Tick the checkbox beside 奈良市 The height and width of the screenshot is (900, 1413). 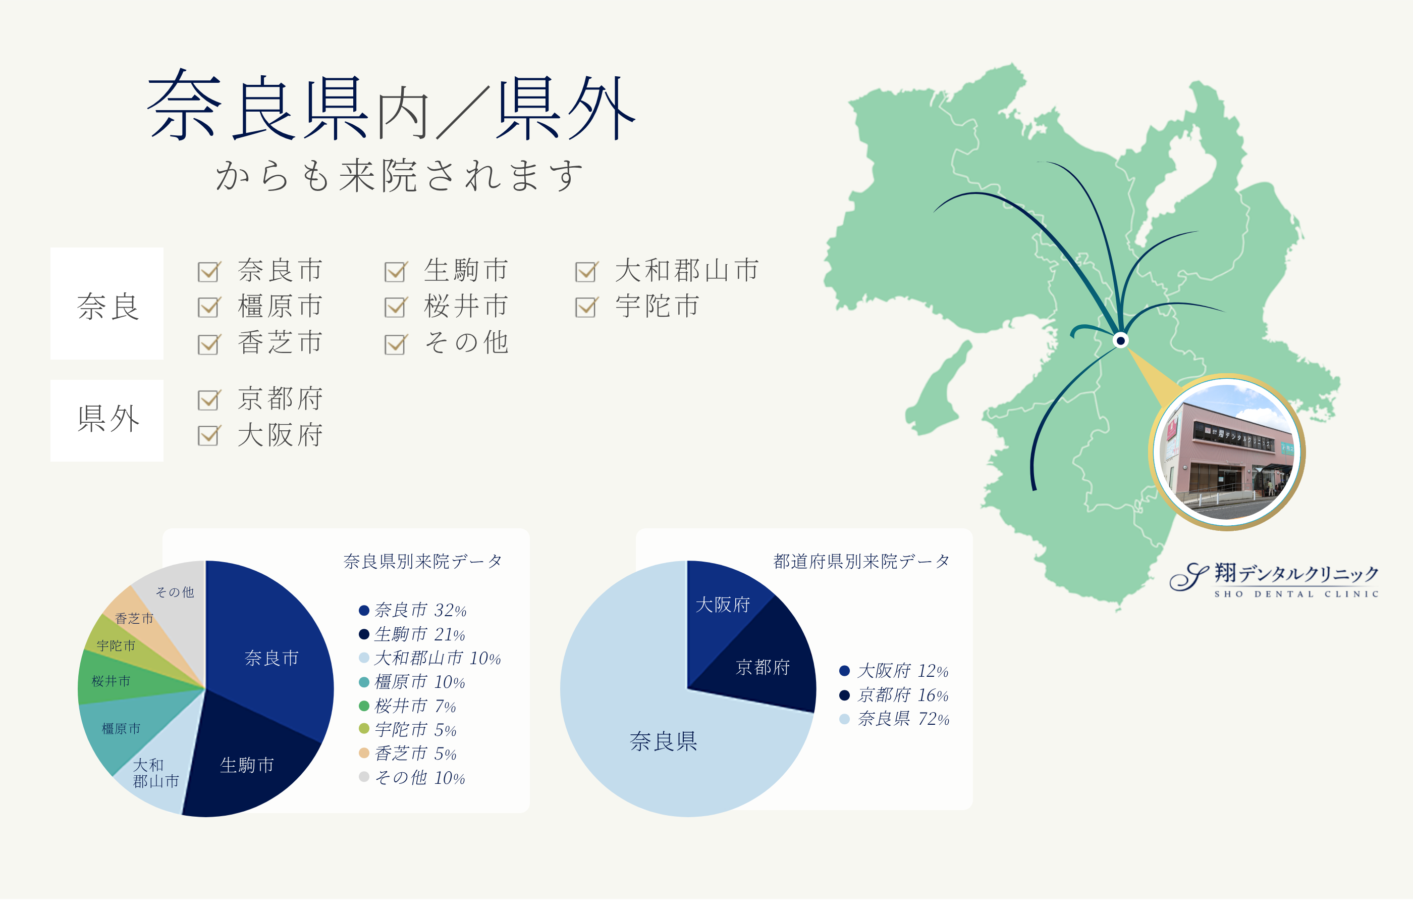pos(209,272)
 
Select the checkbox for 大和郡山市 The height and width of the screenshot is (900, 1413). pos(586,272)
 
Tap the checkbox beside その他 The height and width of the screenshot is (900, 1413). pos(396,344)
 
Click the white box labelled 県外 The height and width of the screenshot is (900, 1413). pos(107,420)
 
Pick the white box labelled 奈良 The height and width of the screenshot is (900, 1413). pos(107,304)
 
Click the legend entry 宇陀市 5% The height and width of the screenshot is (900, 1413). pos(408,730)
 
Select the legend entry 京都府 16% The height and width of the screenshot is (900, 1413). pos(894,695)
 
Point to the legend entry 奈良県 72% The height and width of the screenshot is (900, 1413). pos(895,719)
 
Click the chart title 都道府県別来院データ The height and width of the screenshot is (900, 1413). pos(861,562)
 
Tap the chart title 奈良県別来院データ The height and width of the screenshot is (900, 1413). pos(422,562)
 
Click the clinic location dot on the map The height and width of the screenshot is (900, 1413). pos(1121,340)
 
